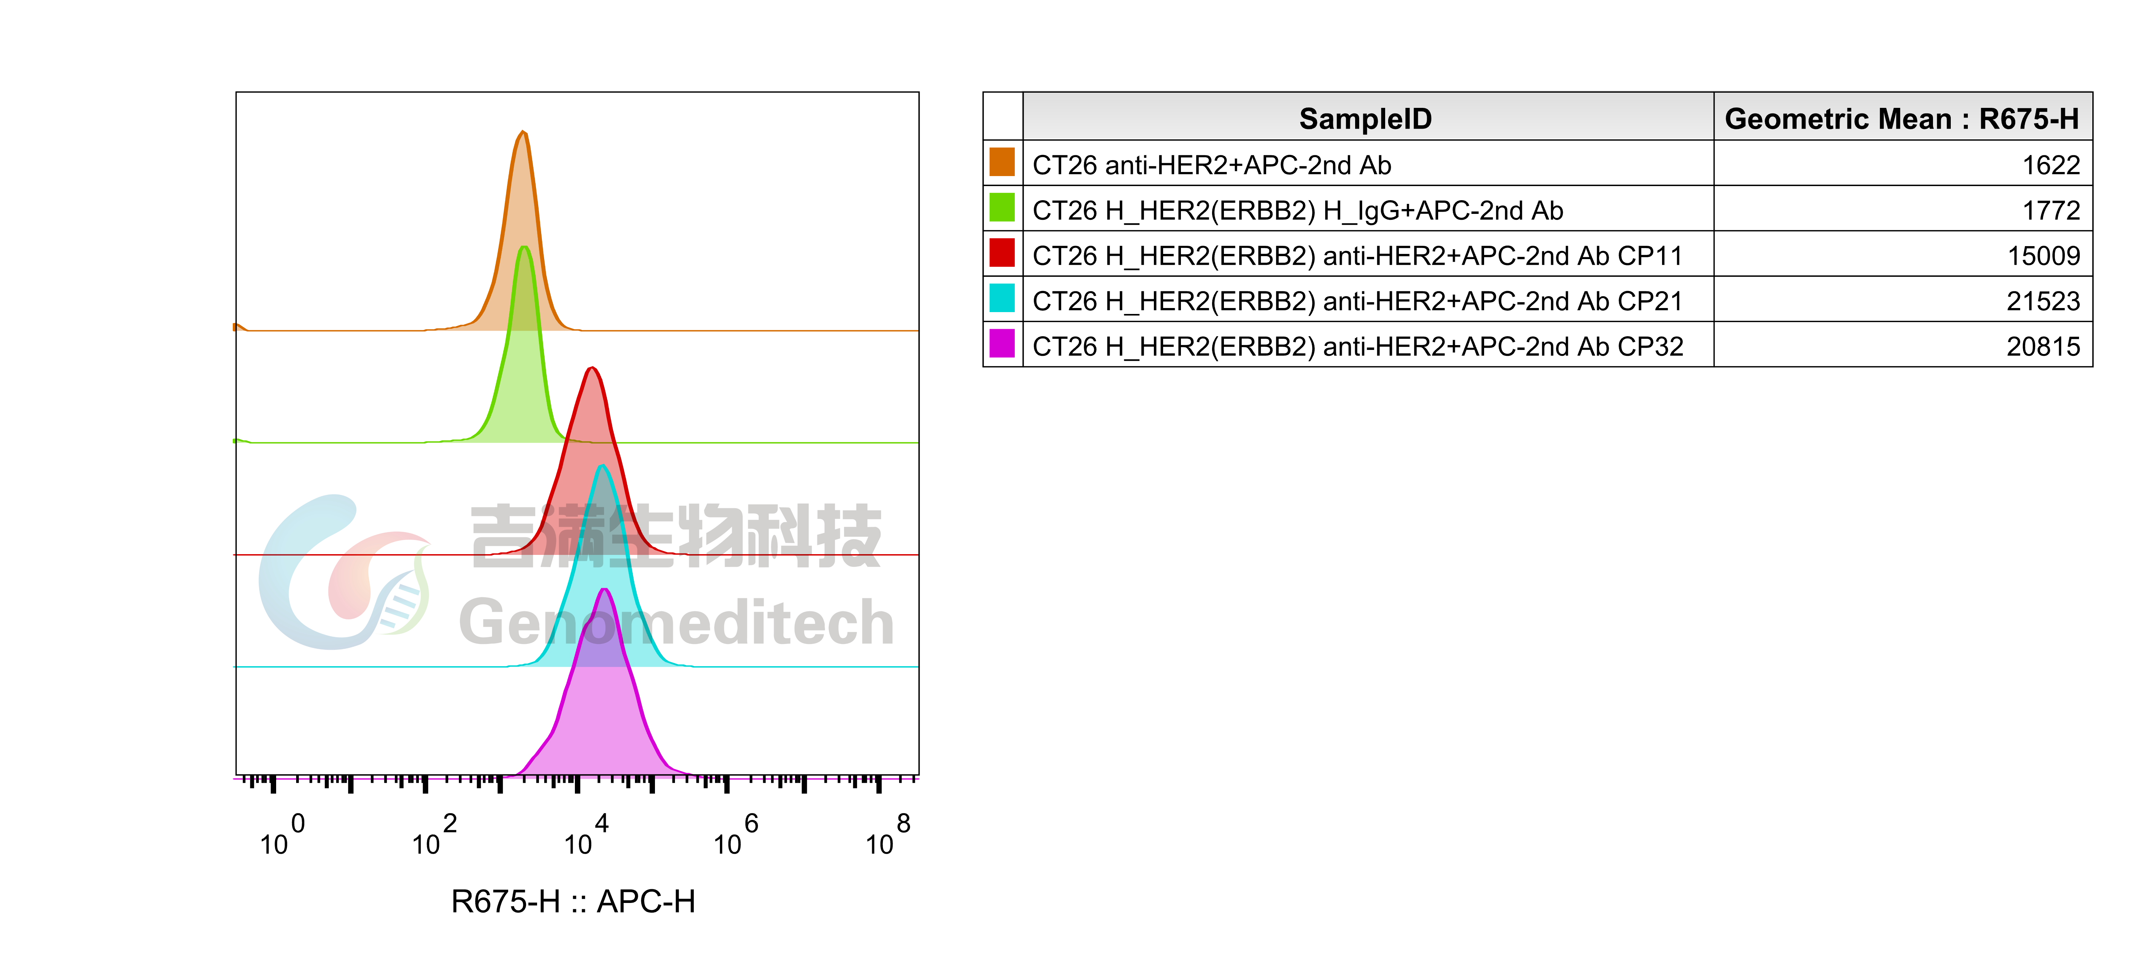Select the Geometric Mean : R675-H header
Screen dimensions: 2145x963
pos(1902,119)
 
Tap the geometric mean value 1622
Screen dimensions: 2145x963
pos(2051,165)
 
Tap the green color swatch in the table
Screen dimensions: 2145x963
pos(1002,208)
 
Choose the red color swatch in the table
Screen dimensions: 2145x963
pos(1002,252)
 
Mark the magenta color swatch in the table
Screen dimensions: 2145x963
pos(1002,343)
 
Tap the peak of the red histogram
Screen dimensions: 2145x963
pos(591,368)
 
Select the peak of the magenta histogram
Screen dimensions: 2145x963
pos(605,590)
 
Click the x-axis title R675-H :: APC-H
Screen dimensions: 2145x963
pos(573,901)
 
